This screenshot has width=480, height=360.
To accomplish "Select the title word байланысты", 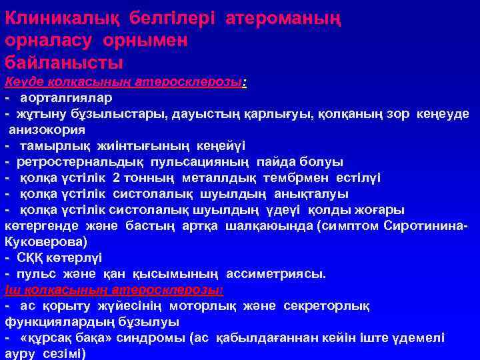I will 64,63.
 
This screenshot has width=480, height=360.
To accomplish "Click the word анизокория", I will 46,129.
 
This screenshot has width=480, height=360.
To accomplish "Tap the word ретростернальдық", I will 83,161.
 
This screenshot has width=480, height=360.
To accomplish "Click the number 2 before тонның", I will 117,177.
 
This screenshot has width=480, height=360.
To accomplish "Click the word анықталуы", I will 312,193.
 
